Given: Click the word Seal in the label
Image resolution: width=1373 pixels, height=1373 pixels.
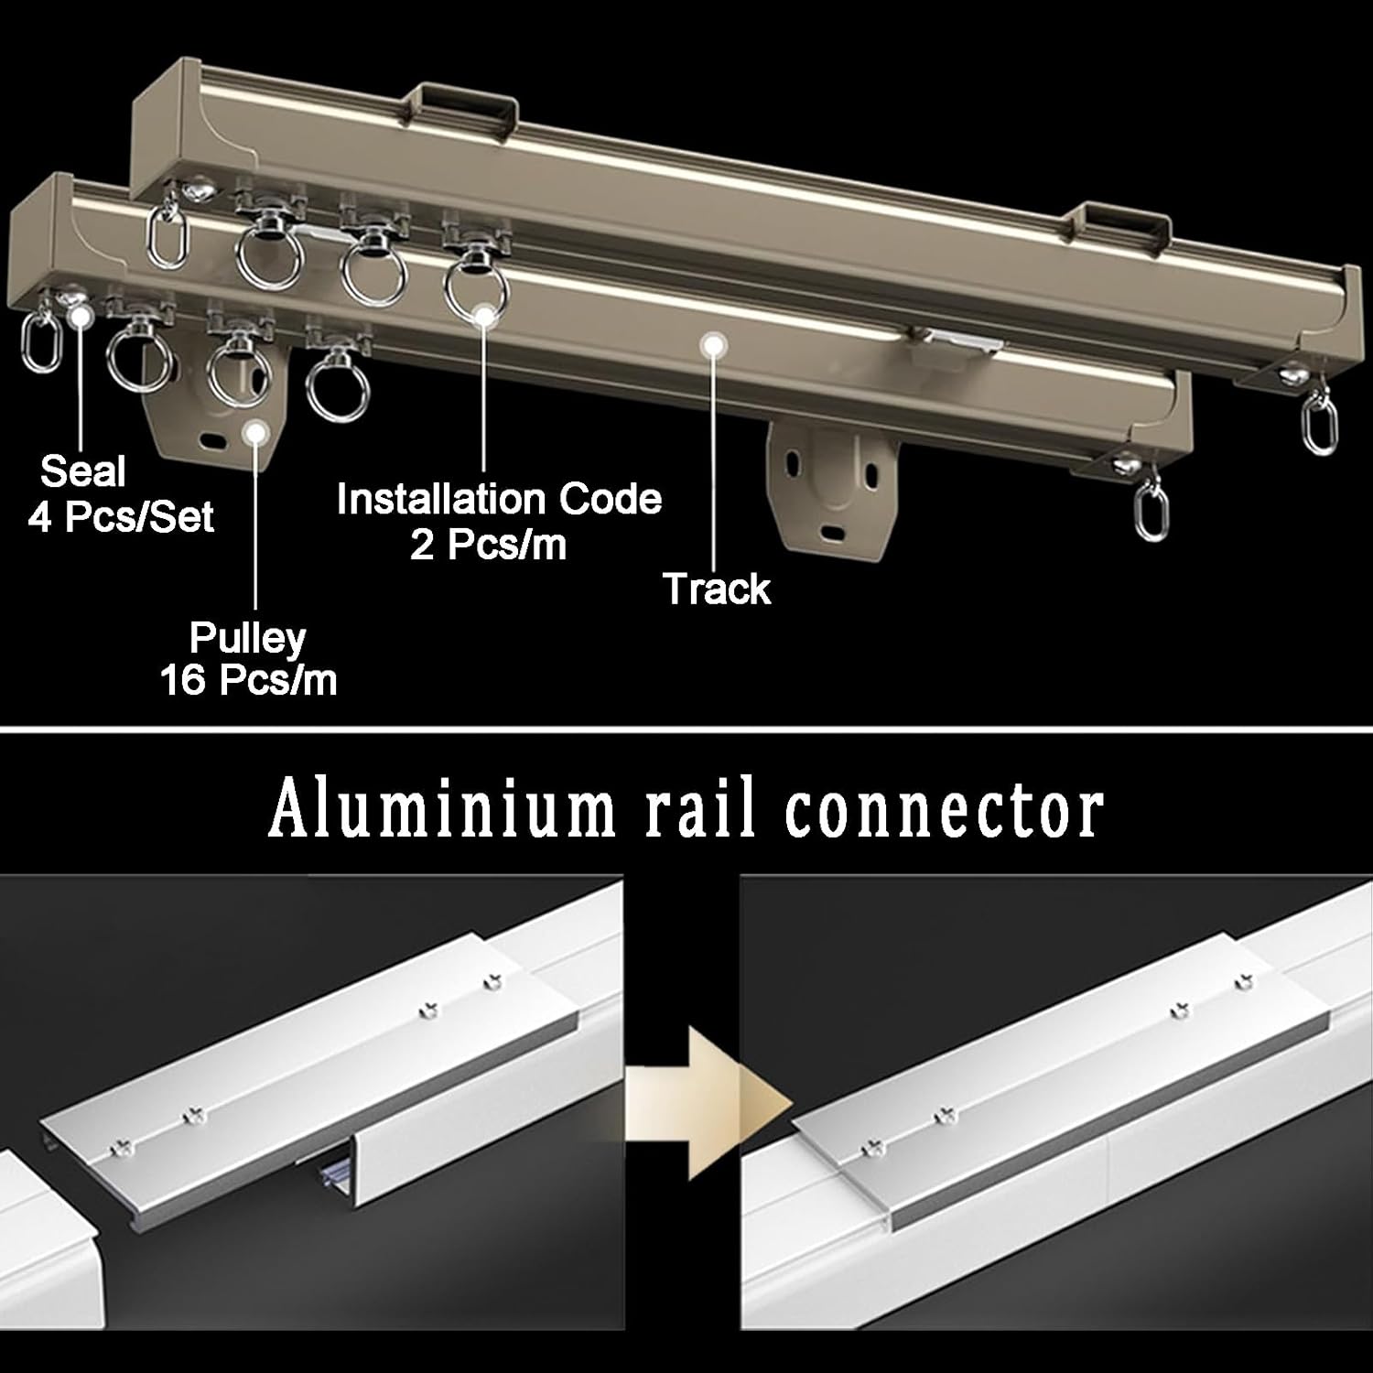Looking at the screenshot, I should (x=83, y=472).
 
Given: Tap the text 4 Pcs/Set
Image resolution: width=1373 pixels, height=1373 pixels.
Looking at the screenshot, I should (x=121, y=518).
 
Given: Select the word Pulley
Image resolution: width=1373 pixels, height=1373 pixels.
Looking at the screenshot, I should (x=247, y=638).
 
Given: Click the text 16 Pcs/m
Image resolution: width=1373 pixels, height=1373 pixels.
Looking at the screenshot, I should (x=249, y=682).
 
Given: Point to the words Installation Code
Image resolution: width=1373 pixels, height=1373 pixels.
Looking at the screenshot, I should (x=499, y=500).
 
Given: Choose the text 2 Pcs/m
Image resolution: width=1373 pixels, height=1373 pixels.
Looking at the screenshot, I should (x=488, y=546).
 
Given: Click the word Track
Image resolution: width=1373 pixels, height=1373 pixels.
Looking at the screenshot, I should (x=717, y=589).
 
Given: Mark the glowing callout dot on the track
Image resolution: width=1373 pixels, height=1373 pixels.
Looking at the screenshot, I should (x=710, y=344).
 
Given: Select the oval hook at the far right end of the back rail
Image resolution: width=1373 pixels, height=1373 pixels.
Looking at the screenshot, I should (x=1318, y=426).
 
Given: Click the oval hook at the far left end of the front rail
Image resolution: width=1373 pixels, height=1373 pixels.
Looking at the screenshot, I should (x=34, y=343).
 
